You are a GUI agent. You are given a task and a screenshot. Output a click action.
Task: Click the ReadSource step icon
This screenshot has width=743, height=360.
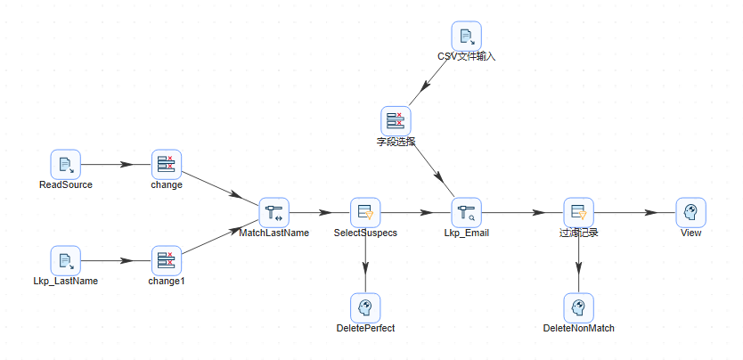pyautogui.click(x=66, y=164)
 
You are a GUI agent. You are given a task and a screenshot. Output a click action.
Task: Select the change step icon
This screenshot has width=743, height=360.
pyautogui.click(x=167, y=164)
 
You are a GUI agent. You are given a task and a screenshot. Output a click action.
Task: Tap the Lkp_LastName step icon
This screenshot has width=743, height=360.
pyautogui.click(x=66, y=260)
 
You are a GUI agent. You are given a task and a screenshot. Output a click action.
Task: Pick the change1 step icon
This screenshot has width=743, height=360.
pyautogui.click(x=167, y=260)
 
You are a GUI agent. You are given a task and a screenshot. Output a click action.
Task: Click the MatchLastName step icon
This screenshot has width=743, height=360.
pyautogui.click(x=274, y=212)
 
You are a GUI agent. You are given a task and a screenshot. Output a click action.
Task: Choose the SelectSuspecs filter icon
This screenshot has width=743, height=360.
pyautogui.click(x=365, y=212)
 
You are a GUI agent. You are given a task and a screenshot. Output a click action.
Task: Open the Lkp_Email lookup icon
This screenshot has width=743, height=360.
pyautogui.click(x=466, y=212)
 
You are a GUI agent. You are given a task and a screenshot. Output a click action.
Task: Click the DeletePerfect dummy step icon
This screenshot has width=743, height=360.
pyautogui.click(x=365, y=307)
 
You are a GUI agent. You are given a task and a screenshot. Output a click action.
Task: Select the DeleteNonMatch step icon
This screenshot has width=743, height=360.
pyautogui.click(x=578, y=307)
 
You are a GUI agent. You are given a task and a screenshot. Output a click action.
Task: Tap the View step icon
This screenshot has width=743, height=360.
pyautogui.click(x=690, y=212)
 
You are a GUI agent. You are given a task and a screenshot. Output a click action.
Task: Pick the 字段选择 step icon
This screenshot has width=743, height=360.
pyautogui.click(x=395, y=120)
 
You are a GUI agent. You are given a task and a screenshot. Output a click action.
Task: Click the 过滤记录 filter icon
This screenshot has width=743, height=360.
pyautogui.click(x=578, y=212)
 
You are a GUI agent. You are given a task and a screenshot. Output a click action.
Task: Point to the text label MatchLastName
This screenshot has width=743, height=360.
pyautogui.click(x=274, y=233)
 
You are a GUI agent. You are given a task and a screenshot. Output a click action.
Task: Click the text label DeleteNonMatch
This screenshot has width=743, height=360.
pyautogui.click(x=578, y=328)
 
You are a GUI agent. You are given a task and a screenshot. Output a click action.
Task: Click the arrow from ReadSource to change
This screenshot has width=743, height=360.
pyautogui.click(x=116, y=164)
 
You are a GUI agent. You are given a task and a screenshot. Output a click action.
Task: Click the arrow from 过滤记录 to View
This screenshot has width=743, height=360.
pyautogui.click(x=634, y=212)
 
